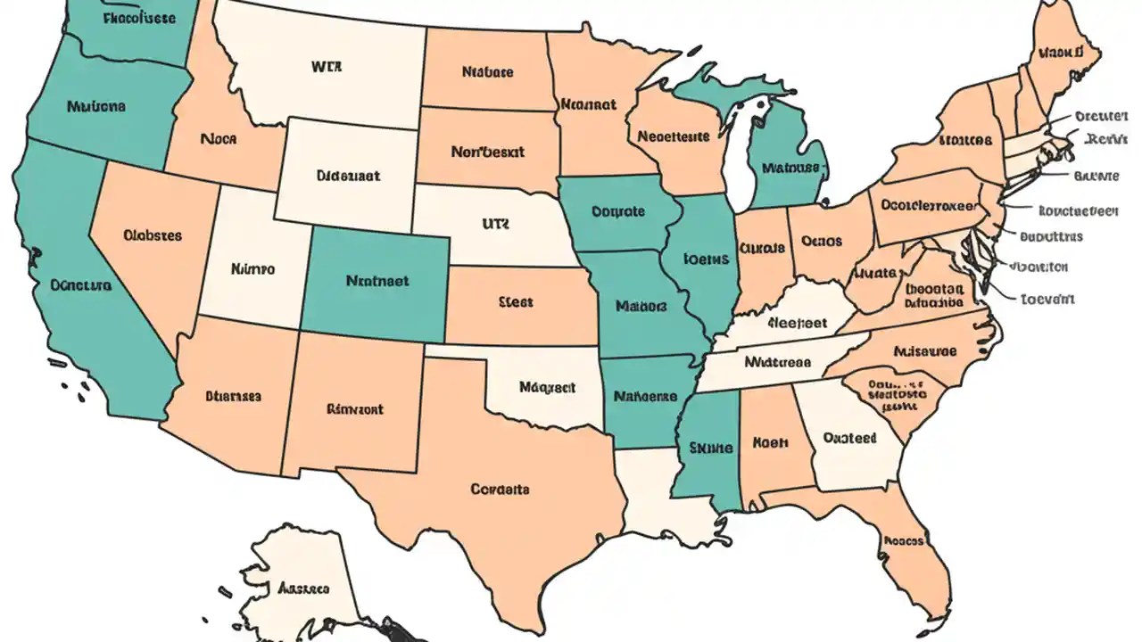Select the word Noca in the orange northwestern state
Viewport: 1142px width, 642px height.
[219, 139]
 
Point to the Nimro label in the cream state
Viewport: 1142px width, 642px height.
[252, 267]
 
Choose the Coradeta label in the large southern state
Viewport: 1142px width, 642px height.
[500, 489]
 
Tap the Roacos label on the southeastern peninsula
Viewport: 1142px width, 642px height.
[903, 540]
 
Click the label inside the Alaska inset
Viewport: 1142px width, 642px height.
[303, 589]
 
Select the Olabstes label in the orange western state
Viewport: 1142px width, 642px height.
[153, 236]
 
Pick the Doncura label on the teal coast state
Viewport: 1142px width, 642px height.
[81, 286]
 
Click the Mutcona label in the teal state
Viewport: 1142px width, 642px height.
[96, 106]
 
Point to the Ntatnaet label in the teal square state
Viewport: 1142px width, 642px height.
[377, 280]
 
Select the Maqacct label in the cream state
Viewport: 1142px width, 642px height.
[547, 388]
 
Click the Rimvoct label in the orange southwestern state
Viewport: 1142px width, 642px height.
[355, 409]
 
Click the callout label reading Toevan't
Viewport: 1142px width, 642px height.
[1047, 300]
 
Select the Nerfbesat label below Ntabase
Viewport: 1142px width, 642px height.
[489, 152]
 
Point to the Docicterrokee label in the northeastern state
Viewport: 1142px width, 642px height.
[928, 204]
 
